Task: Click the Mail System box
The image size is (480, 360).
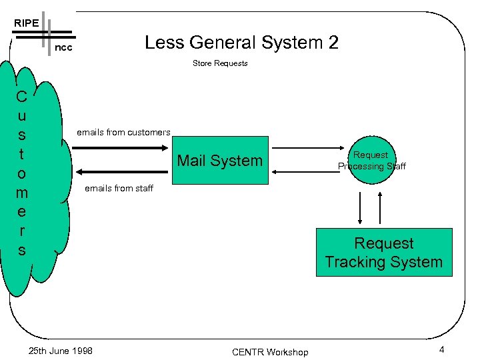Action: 220,161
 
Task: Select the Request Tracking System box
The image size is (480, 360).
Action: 383,253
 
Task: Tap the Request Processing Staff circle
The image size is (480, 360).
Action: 371,161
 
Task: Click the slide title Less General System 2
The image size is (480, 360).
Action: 241,43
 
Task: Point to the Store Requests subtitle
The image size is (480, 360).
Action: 220,63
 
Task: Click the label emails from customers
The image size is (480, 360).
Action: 123,132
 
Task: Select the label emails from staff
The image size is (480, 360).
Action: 119,188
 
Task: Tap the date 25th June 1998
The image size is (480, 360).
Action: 61,351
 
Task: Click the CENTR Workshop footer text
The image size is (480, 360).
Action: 270,351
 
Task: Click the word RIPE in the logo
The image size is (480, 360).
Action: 26,23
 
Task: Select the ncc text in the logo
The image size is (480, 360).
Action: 63,48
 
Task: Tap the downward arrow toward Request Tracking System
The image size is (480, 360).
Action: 361,208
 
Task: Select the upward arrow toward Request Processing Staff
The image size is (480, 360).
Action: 380,208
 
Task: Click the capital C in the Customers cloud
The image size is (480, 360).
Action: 22,97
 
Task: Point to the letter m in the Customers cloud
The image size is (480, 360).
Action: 22,193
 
